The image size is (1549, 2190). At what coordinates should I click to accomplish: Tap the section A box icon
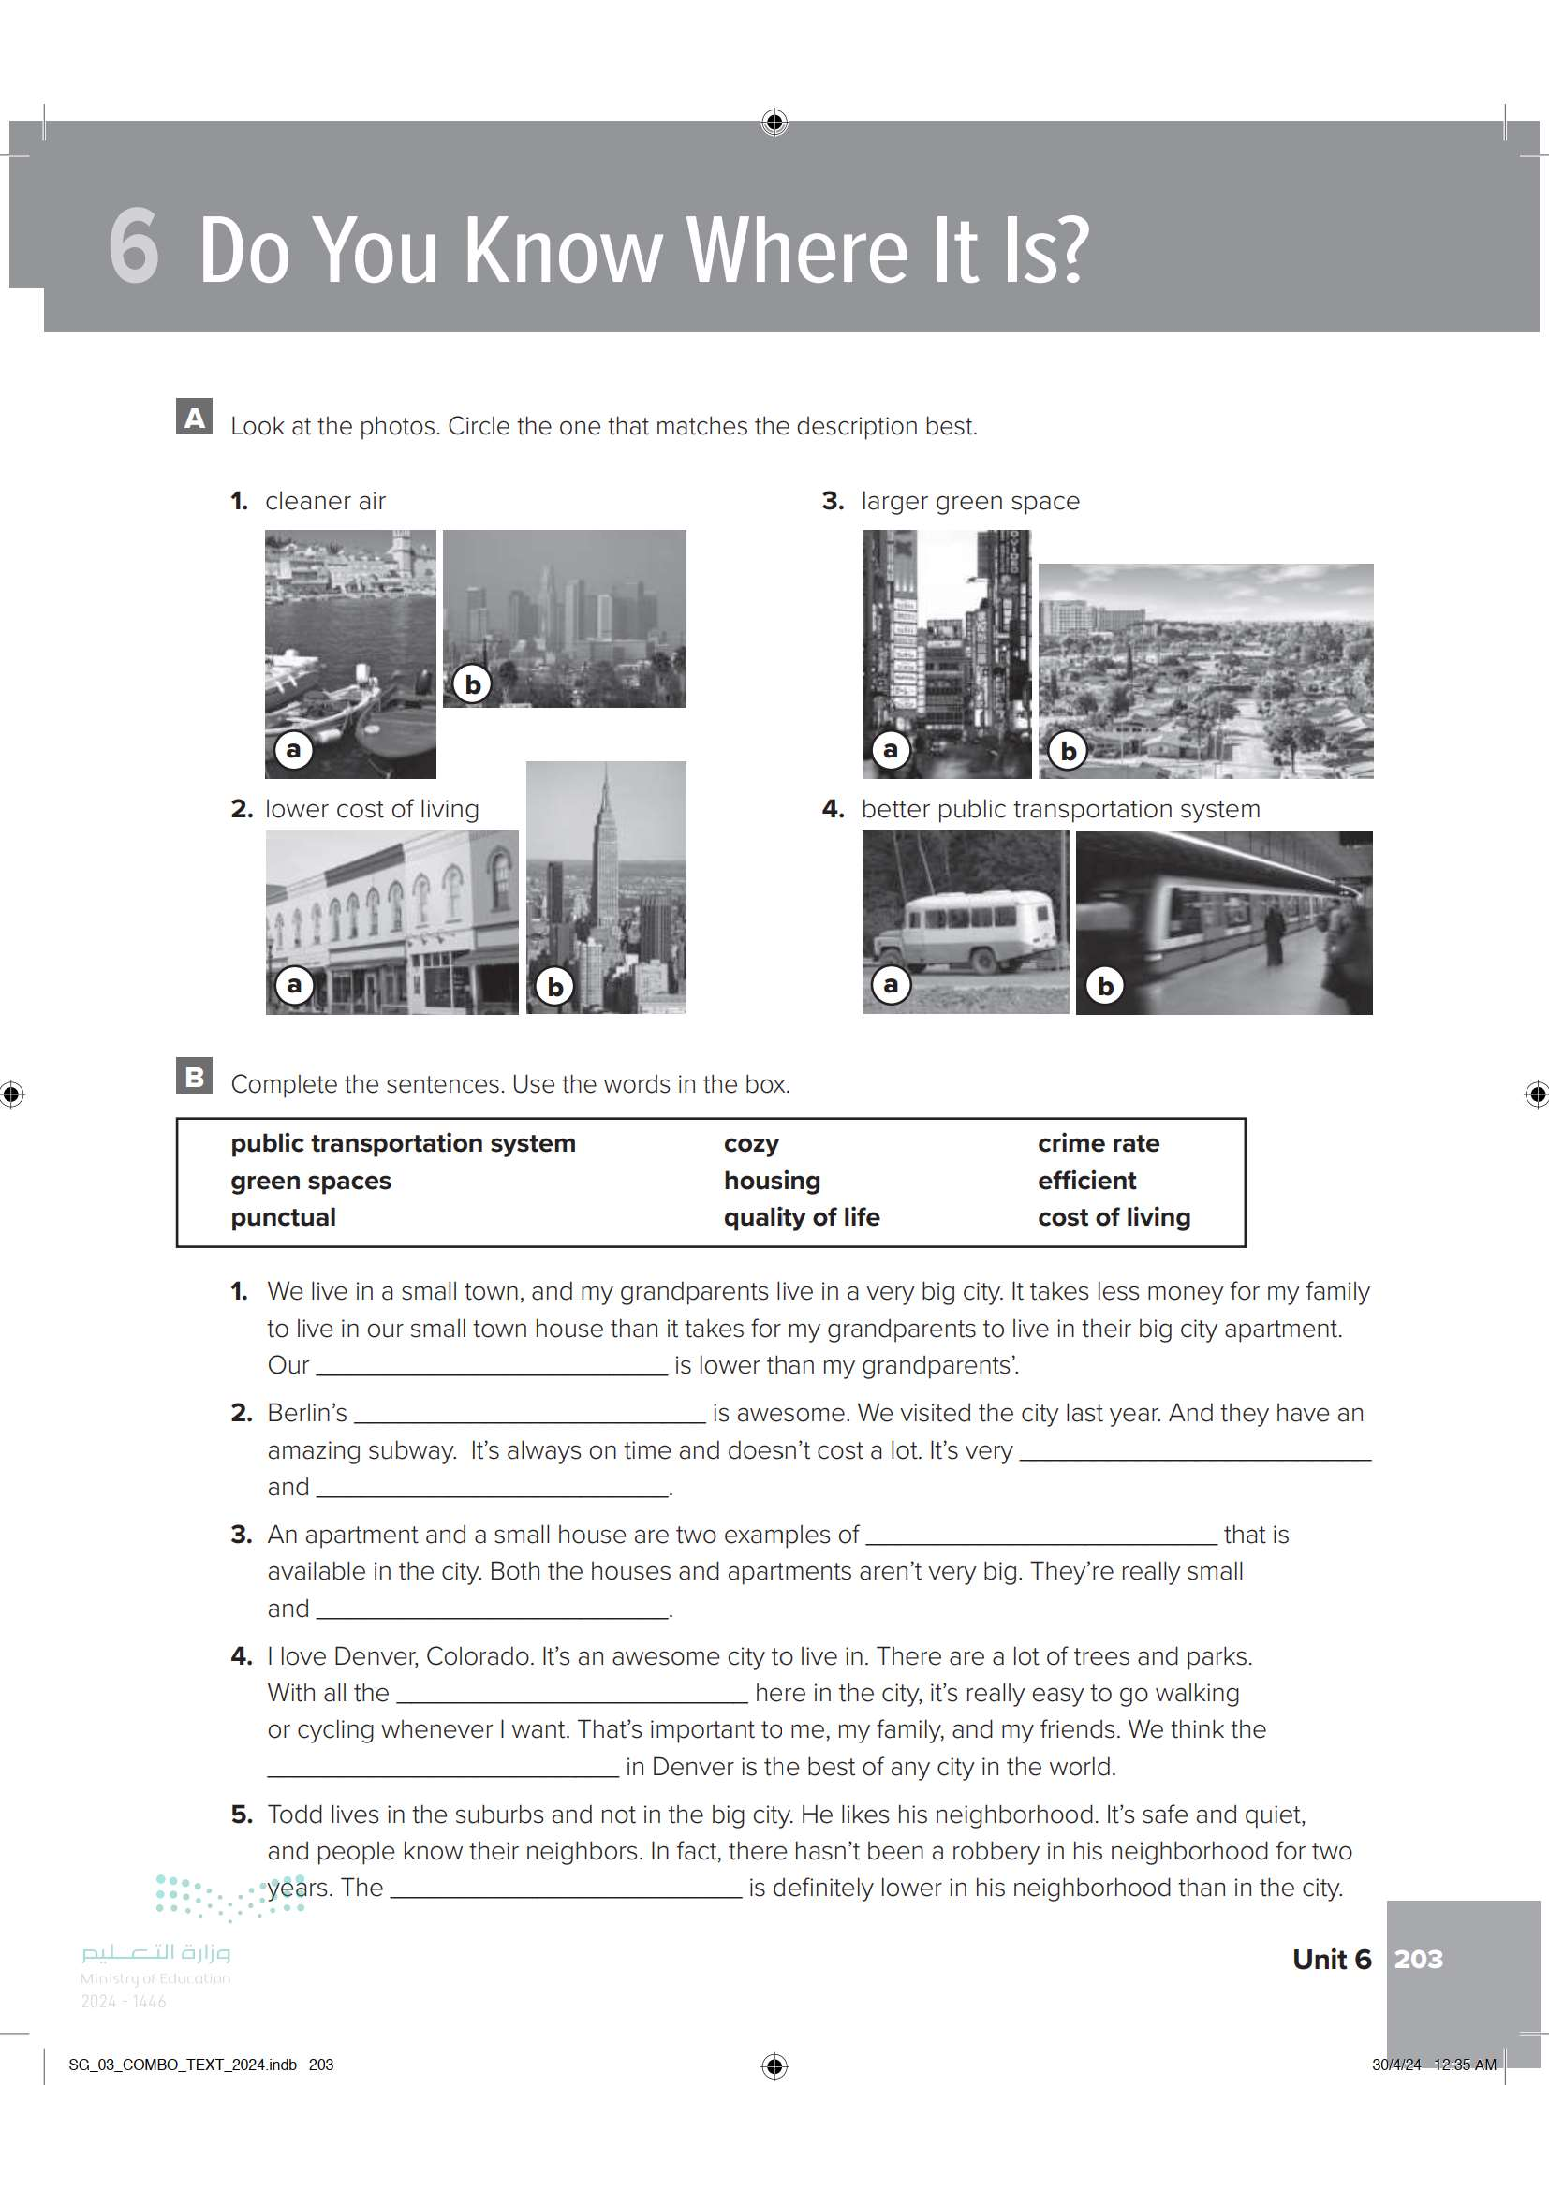(x=195, y=417)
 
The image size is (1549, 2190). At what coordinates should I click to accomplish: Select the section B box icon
(x=195, y=1076)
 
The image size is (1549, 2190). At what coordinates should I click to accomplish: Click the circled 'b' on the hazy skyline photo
(x=472, y=683)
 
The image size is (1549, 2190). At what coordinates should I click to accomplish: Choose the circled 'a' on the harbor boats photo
(x=294, y=750)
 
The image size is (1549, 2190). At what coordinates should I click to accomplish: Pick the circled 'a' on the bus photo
(x=891, y=984)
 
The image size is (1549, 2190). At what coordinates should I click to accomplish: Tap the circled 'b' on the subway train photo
(x=1105, y=985)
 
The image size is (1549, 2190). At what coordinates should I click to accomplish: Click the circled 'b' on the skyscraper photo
(x=555, y=985)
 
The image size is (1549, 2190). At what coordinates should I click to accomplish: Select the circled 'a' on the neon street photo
(x=891, y=750)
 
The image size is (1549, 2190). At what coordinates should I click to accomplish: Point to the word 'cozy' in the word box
(x=752, y=1142)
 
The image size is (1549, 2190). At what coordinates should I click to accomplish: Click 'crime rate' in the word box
(x=1098, y=1142)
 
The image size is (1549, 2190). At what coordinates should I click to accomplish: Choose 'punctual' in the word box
(x=283, y=1217)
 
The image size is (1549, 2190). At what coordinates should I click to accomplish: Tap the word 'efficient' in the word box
(x=1086, y=1181)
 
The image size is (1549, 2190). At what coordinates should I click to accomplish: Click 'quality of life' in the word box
(x=802, y=1217)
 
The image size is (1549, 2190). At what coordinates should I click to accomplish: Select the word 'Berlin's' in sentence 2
(x=307, y=1413)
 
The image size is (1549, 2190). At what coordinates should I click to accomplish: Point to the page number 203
(x=1418, y=1959)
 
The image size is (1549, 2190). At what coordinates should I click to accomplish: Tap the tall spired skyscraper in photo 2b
(x=605, y=859)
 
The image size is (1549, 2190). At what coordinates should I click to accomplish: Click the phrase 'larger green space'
(x=970, y=501)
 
